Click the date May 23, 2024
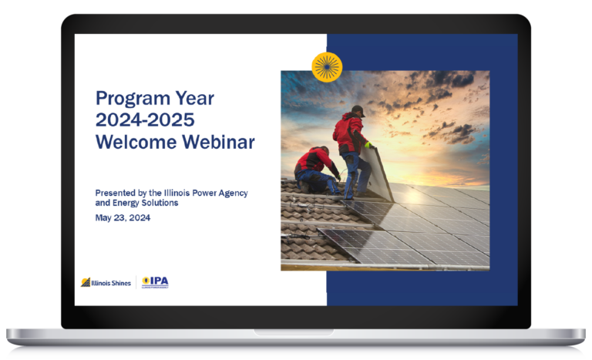[x=123, y=217]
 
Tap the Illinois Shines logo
[x=106, y=282]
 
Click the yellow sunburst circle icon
[x=327, y=67]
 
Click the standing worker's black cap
[x=357, y=110]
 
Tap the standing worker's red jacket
[x=348, y=132]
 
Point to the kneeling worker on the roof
[x=314, y=167]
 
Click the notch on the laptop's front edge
[x=296, y=331]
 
